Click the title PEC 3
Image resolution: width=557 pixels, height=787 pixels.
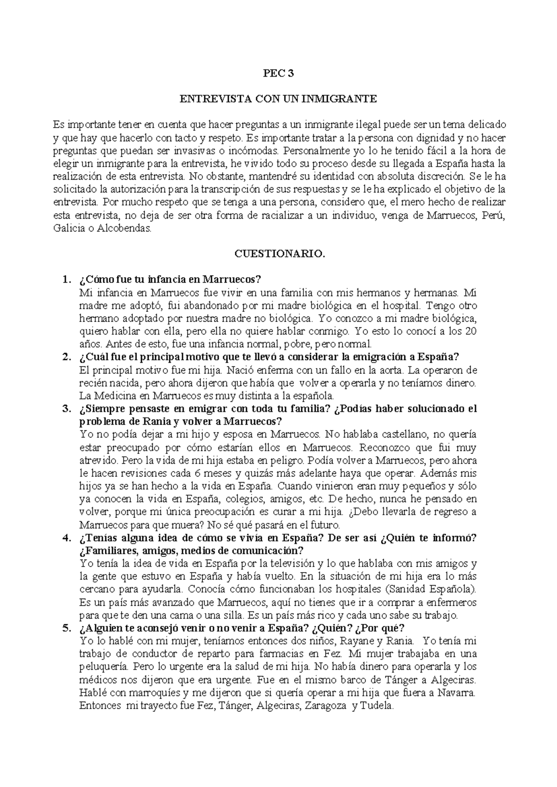pos(278,73)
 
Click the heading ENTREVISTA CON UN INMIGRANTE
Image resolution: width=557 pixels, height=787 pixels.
pos(278,99)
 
